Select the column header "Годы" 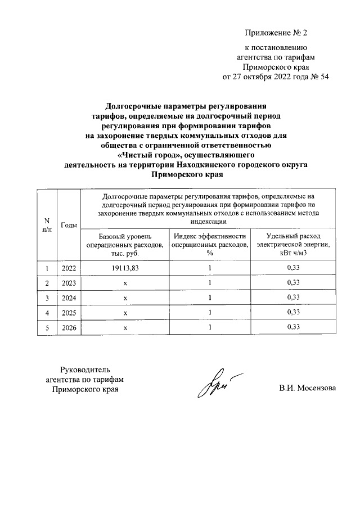pos(69,225)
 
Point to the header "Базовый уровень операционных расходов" pos(124,245)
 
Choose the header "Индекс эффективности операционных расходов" pos(209,245)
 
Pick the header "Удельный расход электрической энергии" pos(292,245)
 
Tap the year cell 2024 pos(69,298)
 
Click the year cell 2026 pos(69,327)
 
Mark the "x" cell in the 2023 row pos(126,282)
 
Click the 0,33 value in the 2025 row pos(292,312)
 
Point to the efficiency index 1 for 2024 pos(209,298)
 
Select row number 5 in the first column pos(48,327)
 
